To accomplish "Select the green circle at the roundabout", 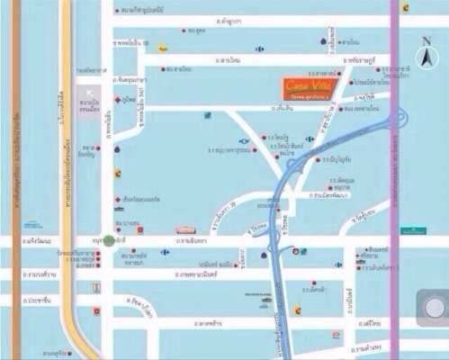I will (109, 240).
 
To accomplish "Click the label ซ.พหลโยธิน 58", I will (138, 42).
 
